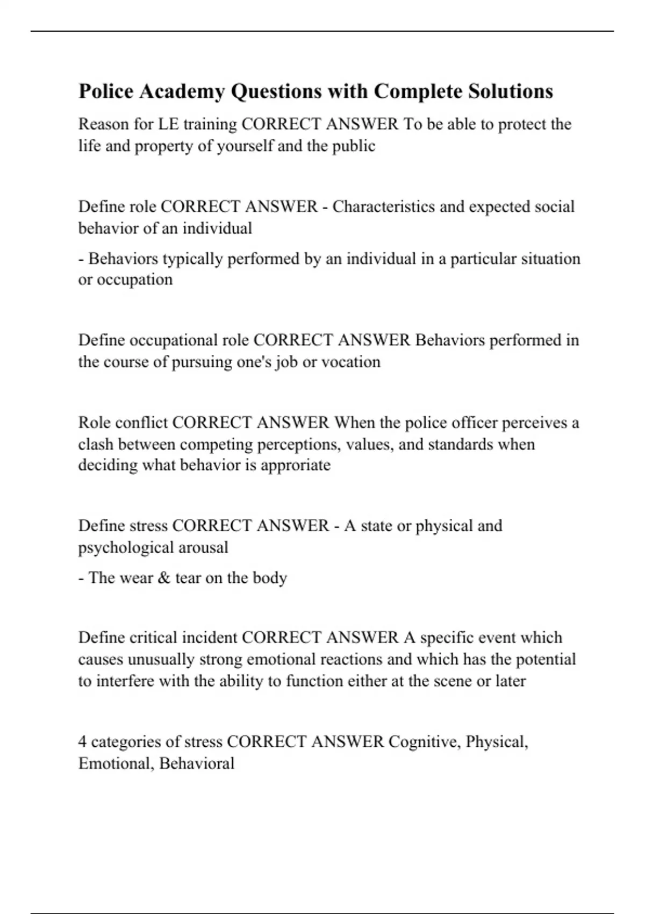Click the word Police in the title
pyautogui.click(x=106, y=91)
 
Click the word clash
pyautogui.click(x=96, y=445)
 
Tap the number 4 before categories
pyautogui.click(x=82, y=742)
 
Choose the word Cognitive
pyautogui.click(x=424, y=742)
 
